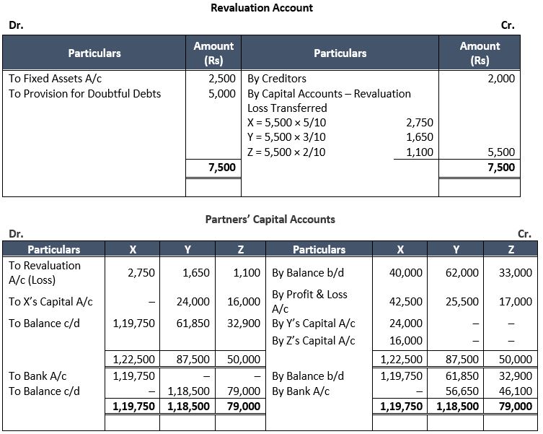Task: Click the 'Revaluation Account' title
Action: pos(262,8)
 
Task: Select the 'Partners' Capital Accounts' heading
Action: pos(270,219)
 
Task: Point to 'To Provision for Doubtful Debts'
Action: pos(84,93)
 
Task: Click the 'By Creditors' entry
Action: pos(277,78)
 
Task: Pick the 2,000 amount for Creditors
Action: pos(501,78)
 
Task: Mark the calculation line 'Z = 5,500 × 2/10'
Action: pos(286,152)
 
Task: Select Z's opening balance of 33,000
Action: pos(515,272)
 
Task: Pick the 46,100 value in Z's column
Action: pos(515,391)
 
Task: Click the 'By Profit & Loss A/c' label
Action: pos(309,301)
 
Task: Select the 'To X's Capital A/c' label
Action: pos(50,301)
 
